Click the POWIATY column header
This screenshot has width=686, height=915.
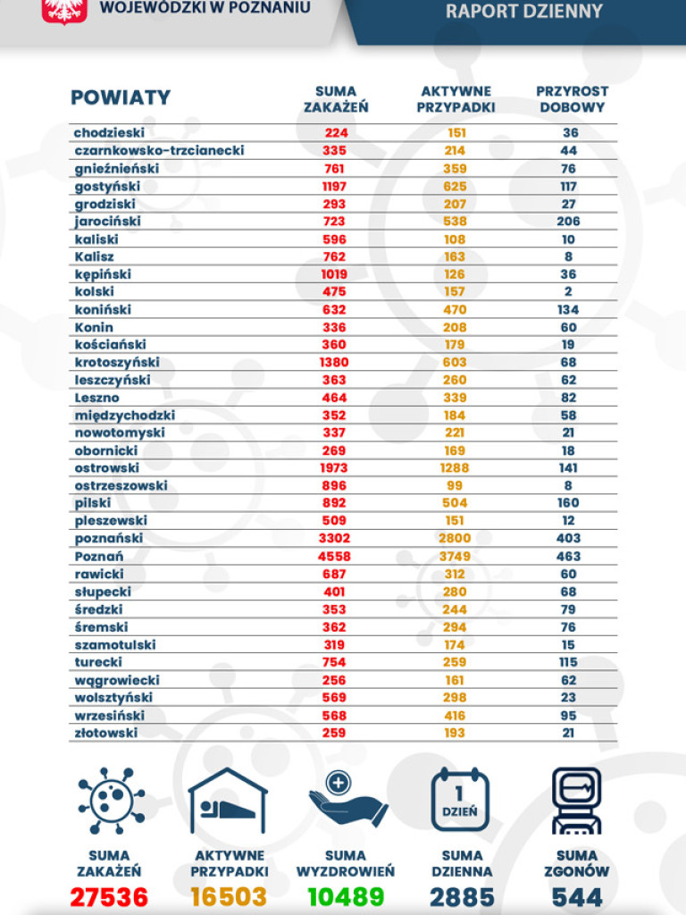pos(121,98)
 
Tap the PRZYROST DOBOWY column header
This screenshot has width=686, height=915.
pos(572,99)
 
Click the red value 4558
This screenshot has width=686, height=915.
pos(335,556)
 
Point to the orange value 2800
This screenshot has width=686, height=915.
pos(455,538)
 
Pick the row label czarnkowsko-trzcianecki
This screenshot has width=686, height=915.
pos(159,150)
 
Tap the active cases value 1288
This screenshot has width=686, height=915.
pos(455,467)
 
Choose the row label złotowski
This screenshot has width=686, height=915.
pos(106,732)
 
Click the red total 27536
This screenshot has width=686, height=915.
pos(109,897)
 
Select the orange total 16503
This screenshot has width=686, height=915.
pos(229,897)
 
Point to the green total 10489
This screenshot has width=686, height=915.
pos(346,897)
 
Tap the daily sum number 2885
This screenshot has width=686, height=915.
pos(462,897)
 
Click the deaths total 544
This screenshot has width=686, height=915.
pos(577,897)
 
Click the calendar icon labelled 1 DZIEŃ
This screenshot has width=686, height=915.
pos(461,799)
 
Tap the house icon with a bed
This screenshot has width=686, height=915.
pos(229,799)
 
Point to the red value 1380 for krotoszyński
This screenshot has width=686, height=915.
pos(335,362)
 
